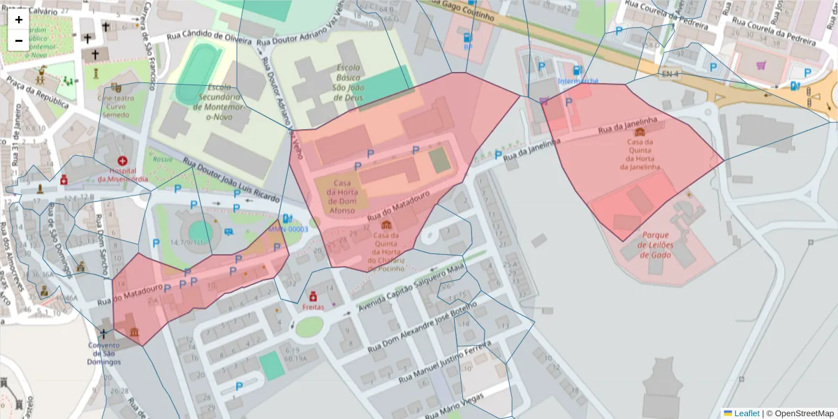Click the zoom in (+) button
tap(19, 20)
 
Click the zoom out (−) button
tap(19, 40)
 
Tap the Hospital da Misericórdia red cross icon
tap(123, 161)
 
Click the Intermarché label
tap(578, 81)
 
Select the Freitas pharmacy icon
tap(313, 296)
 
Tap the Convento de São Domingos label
tap(104, 353)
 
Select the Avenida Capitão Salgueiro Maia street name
tap(411, 287)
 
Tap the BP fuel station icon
tap(467, 38)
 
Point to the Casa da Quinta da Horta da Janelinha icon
tap(640, 131)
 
